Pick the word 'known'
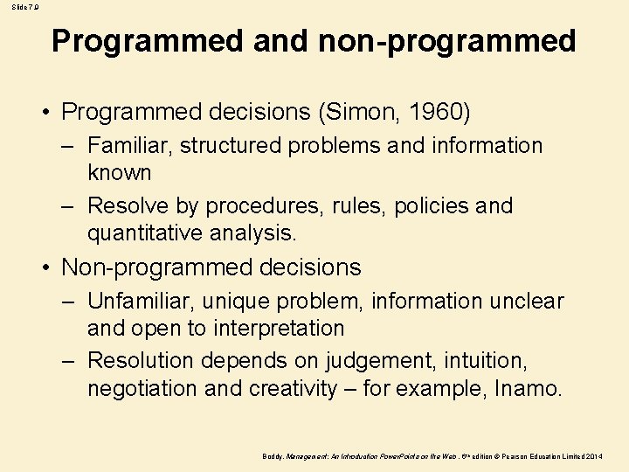point(120,171)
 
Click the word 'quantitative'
point(145,233)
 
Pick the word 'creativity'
point(293,388)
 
